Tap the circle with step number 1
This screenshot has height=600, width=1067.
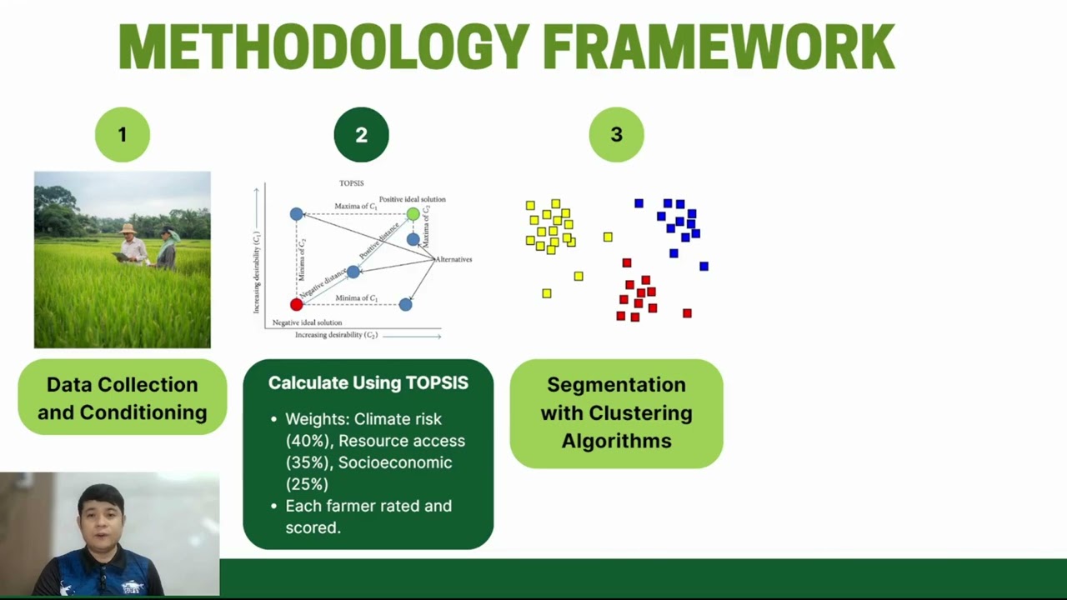123,134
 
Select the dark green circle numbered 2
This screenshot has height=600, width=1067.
361,134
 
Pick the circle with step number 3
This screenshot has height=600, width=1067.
616,134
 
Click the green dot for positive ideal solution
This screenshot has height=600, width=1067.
413,214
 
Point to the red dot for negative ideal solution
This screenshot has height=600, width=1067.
296,304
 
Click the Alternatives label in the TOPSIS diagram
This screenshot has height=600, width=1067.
454,259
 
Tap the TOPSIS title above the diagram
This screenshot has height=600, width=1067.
351,183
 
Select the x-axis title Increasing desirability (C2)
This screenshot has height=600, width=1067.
337,335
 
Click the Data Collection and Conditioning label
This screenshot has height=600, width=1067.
122,397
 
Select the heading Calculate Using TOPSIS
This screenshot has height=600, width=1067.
368,382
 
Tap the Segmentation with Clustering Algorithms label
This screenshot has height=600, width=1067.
616,412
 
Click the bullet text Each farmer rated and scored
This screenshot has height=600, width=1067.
368,517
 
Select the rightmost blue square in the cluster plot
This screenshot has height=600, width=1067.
704,267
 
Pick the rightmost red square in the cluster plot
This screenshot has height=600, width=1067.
687,313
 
